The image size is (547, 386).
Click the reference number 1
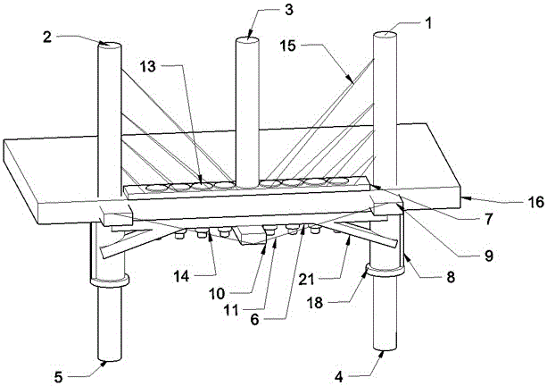pyautogui.click(x=428, y=23)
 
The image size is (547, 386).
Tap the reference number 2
pyautogui.click(x=47, y=37)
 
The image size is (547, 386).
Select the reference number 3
pyautogui.click(x=289, y=10)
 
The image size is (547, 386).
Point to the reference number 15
pyautogui.click(x=288, y=46)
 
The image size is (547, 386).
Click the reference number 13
pyautogui.click(x=148, y=66)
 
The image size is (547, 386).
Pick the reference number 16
pyautogui.click(x=535, y=202)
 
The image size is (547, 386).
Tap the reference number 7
pyautogui.click(x=488, y=219)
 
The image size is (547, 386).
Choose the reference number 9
pyautogui.click(x=489, y=256)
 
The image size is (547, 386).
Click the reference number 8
pyautogui.click(x=451, y=277)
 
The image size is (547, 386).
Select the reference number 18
pyautogui.click(x=315, y=303)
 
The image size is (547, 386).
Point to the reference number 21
pyautogui.click(x=307, y=280)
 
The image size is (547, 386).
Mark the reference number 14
pyautogui.click(x=181, y=277)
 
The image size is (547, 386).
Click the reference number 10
pyautogui.click(x=217, y=294)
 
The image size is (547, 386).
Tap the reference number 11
pyautogui.click(x=230, y=310)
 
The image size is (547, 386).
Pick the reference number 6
pyautogui.click(x=255, y=320)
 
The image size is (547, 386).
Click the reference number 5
pyautogui.click(x=58, y=377)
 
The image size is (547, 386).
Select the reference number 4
pyautogui.click(x=339, y=377)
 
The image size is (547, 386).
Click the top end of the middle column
pyautogui.click(x=247, y=40)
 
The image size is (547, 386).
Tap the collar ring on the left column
pyautogui.click(x=110, y=281)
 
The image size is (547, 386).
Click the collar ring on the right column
pyautogui.click(x=385, y=270)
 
